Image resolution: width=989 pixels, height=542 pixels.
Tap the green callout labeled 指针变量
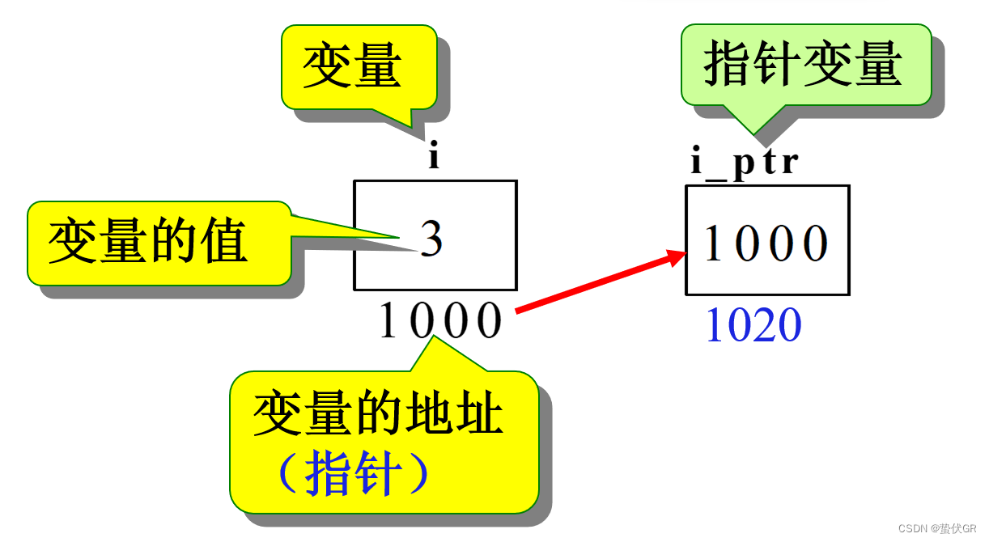pos(804,64)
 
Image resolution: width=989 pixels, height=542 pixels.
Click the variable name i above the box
pos(434,156)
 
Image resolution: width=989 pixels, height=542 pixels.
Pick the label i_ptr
pos(744,162)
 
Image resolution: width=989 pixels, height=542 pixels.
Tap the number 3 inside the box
pos(431,239)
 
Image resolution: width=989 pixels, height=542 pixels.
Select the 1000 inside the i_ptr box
pos(766,243)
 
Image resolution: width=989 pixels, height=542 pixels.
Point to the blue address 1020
pos(753,326)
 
